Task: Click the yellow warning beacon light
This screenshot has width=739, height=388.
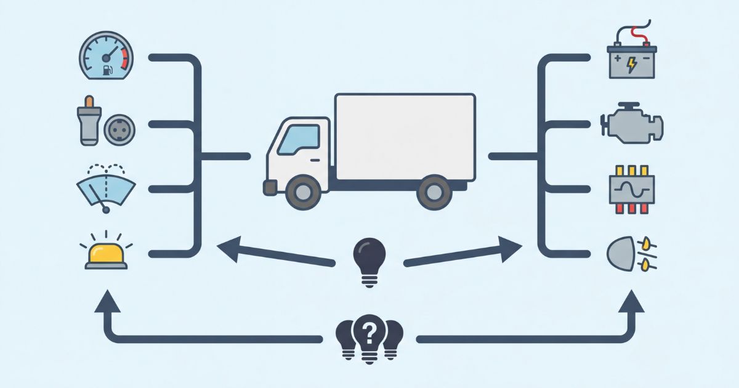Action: [x=107, y=254]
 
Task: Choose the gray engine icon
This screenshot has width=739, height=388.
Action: [x=632, y=123]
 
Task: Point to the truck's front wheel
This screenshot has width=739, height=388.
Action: [x=303, y=192]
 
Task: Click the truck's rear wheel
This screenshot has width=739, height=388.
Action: [x=434, y=192]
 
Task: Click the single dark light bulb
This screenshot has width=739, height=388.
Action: [x=369, y=259]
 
